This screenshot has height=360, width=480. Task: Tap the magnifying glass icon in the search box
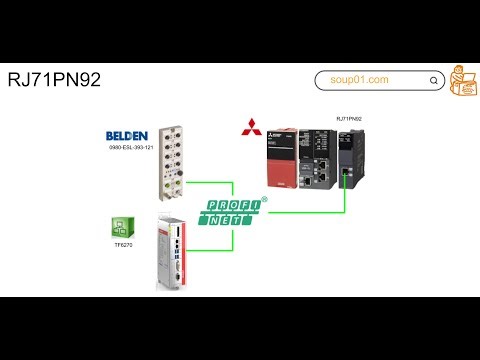[435, 80]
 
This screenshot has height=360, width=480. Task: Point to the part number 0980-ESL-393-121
[130, 148]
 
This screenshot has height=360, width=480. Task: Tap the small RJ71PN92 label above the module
[349, 119]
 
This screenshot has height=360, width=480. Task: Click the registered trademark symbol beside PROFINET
[264, 199]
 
